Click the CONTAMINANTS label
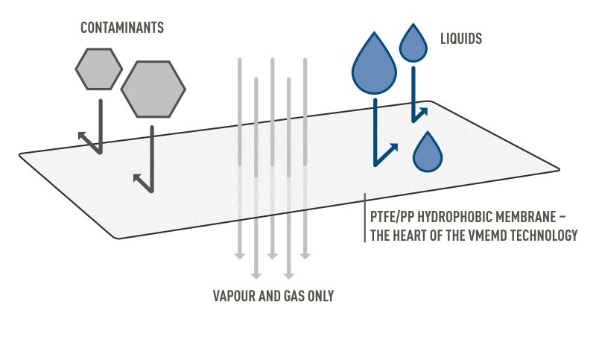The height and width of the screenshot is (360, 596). [x=122, y=28]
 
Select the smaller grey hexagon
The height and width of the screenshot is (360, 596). [x=98, y=69]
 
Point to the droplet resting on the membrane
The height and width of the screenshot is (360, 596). [x=428, y=152]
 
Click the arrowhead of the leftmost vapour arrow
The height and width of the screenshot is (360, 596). [x=240, y=255]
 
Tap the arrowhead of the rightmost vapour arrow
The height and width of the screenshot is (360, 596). [x=305, y=255]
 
